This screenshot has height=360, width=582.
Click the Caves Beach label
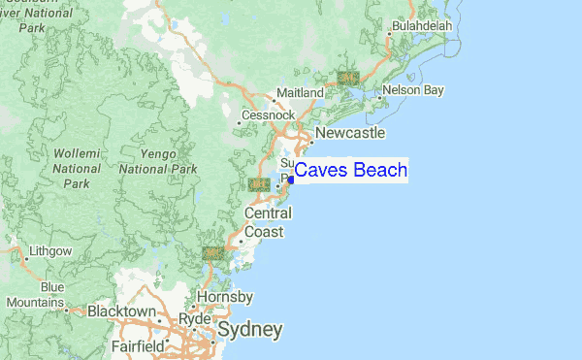[x=350, y=171]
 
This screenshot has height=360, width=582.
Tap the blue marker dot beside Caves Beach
[x=290, y=180]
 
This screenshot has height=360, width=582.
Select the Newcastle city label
[x=350, y=133]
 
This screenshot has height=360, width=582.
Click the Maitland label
[x=300, y=92]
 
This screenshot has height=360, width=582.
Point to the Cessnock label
[x=268, y=115]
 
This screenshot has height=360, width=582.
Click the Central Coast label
[x=265, y=222]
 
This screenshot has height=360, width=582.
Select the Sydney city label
[x=250, y=330]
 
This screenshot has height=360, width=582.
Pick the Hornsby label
[x=225, y=296]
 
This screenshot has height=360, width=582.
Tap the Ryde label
[x=195, y=317]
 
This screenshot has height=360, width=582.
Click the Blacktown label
[x=121, y=311]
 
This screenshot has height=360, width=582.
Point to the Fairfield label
[x=137, y=345]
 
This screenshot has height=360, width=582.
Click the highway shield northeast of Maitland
[x=347, y=77]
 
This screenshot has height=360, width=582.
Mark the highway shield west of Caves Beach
[x=258, y=183]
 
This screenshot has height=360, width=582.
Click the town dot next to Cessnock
[x=240, y=122]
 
